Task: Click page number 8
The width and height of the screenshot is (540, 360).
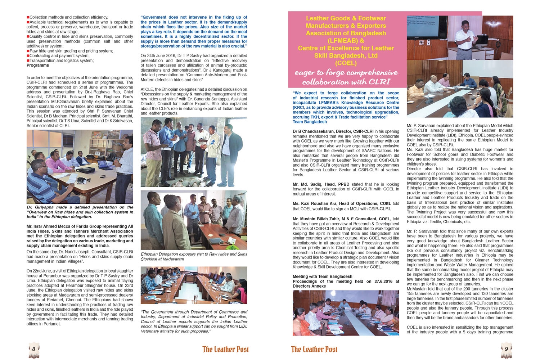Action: (x=33, y=349)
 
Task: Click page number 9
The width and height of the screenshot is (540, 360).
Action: (x=506, y=349)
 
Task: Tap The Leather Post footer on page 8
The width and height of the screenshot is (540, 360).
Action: (x=225, y=349)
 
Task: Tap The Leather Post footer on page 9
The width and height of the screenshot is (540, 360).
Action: (x=314, y=349)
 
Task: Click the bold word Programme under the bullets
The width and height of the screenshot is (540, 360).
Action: (x=38, y=66)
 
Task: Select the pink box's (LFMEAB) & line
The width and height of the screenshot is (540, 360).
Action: (x=346, y=41)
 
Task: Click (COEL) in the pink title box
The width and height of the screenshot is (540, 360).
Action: (x=346, y=63)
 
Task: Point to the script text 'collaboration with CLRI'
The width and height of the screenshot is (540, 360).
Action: (x=346, y=82)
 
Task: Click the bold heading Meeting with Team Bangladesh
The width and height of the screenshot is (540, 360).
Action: (x=322, y=276)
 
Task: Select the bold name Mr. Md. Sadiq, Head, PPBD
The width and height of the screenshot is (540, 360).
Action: (x=321, y=184)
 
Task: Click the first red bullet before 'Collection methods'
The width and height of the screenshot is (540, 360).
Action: (x=28, y=17)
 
